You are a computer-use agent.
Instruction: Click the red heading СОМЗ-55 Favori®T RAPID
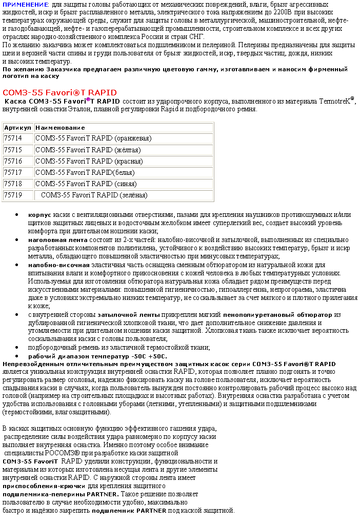click(x=60, y=93)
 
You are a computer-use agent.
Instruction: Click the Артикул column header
click(x=17, y=128)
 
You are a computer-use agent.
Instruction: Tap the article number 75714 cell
click(x=13, y=138)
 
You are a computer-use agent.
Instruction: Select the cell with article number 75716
click(x=13, y=161)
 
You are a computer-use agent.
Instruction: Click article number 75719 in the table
click(x=13, y=195)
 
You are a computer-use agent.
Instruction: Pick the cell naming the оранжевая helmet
click(x=93, y=138)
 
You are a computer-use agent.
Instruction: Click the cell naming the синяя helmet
click(x=85, y=184)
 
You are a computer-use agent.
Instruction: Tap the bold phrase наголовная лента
click(x=58, y=240)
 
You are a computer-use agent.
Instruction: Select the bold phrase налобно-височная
click(x=59, y=265)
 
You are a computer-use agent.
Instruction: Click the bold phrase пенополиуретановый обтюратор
click(x=278, y=314)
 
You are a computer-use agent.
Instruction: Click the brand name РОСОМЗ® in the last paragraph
click(x=60, y=454)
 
